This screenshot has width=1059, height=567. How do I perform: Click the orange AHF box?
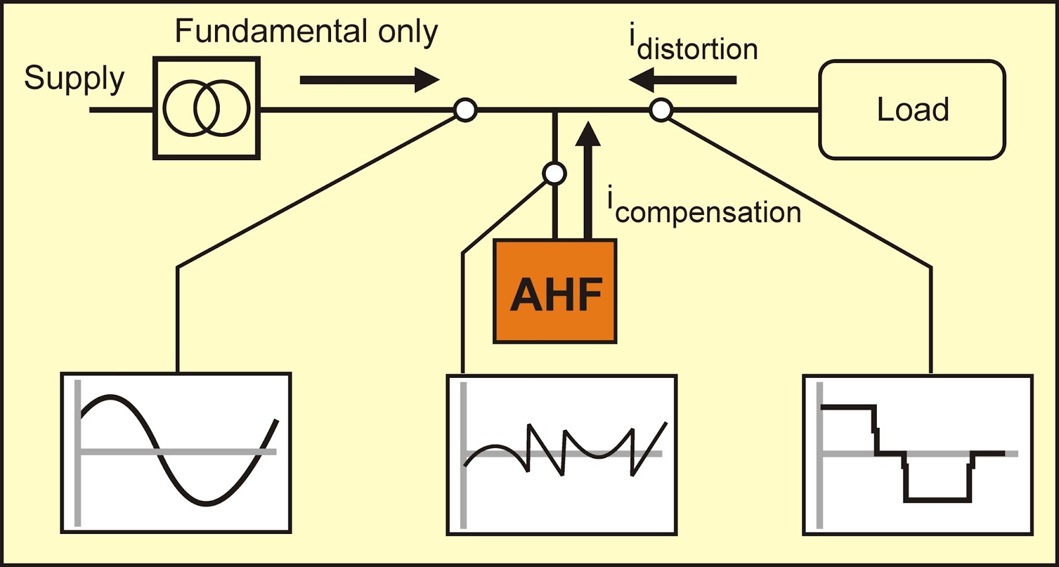[555, 292]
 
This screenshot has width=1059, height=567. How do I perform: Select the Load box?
[912, 110]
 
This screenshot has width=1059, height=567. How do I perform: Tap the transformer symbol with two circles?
[207, 108]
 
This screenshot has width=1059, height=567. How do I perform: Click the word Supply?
[74, 79]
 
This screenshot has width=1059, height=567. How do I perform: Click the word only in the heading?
[408, 32]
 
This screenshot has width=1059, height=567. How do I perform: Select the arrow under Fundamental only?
[369, 80]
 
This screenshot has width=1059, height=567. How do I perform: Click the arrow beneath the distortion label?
[682, 80]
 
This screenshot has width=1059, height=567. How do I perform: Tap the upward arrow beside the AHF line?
[587, 179]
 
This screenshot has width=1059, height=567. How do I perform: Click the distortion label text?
[696, 50]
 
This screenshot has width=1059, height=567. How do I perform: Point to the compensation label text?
[708, 212]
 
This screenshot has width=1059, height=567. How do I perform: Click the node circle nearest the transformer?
[465, 110]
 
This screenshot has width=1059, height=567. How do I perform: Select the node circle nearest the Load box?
[661, 110]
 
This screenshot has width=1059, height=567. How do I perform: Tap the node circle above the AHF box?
[554, 173]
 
